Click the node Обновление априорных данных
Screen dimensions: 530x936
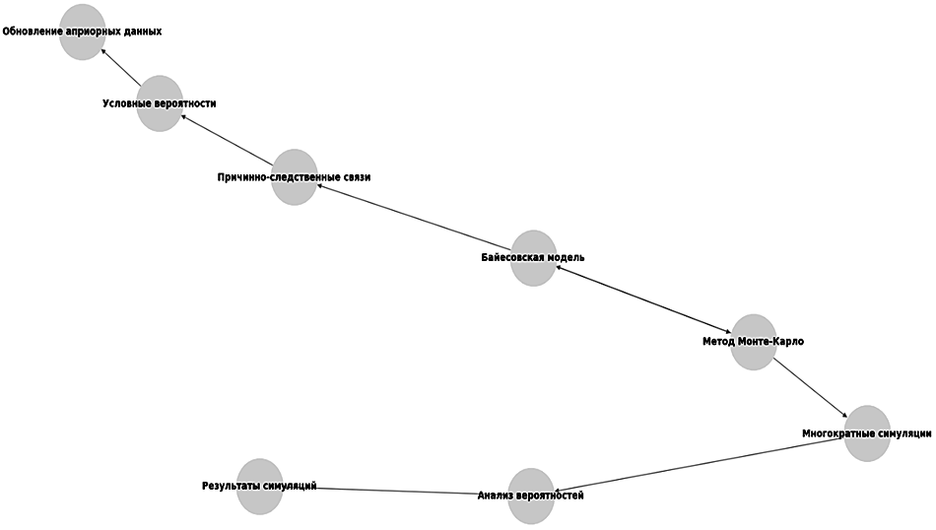(x=82, y=32)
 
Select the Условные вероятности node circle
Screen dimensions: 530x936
(x=160, y=102)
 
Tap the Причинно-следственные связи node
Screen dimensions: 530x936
(x=294, y=177)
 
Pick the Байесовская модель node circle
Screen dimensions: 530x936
(x=533, y=258)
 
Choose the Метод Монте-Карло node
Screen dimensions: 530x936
(x=754, y=342)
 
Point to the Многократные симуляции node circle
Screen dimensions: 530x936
(x=867, y=433)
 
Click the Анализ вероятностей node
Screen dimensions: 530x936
(x=530, y=496)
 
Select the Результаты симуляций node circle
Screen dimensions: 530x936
(x=259, y=486)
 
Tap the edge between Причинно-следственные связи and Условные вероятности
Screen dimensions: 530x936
(x=227, y=140)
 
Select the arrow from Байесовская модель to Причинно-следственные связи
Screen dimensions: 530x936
(x=414, y=218)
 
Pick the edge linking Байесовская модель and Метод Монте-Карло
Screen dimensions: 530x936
(x=643, y=300)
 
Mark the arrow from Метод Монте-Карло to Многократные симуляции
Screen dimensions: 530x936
(x=810, y=387)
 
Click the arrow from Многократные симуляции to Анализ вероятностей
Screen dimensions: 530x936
(x=700, y=464)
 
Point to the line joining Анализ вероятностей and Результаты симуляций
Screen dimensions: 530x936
(x=394, y=490)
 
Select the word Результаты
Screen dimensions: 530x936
(x=232, y=486)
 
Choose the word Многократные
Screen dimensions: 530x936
(x=836, y=433)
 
